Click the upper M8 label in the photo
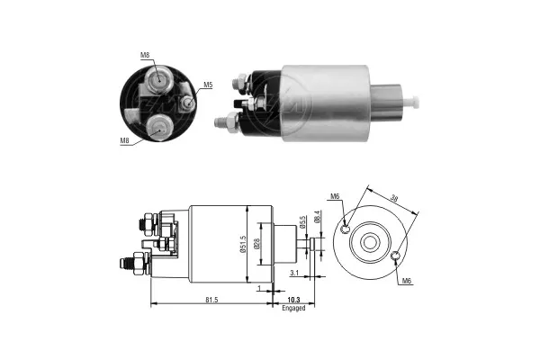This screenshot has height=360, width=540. click(145, 55)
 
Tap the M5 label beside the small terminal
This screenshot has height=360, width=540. click(207, 85)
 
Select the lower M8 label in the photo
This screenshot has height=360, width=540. click(125, 140)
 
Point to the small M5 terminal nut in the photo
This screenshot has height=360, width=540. click(185, 103)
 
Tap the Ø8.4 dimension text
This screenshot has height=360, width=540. click(316, 216)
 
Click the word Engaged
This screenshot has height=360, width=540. click(293, 308)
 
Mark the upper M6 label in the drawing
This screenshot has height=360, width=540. click(335, 196)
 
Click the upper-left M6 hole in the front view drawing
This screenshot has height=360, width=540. click(346, 228)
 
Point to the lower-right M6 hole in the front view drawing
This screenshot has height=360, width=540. click(396, 260)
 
